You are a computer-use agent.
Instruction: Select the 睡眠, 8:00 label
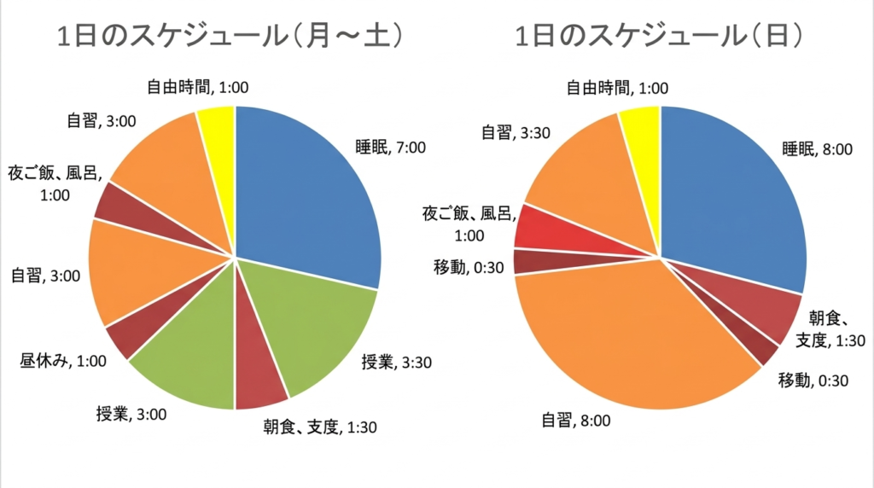817,148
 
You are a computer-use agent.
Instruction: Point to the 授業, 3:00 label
131,415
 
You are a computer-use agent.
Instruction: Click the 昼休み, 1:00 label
62,360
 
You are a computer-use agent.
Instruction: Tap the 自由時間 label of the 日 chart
617,87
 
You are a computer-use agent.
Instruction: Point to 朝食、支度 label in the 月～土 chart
322,427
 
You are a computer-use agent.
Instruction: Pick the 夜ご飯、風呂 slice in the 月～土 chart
115,202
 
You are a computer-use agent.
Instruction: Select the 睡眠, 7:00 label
390,147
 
